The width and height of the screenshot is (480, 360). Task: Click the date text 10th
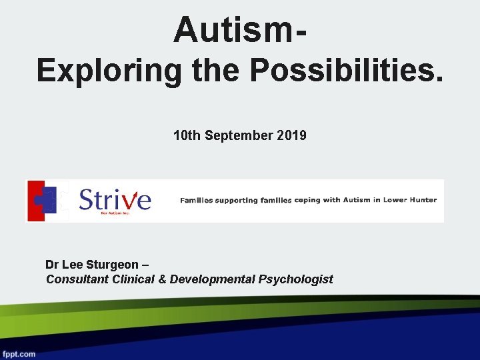(187, 136)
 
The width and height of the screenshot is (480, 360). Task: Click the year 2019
(293, 136)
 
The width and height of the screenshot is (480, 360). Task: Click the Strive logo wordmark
(115, 199)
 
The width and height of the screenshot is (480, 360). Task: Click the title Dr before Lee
(53, 264)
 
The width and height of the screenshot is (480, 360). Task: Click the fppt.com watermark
(19, 354)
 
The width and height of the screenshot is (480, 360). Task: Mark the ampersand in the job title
(162, 279)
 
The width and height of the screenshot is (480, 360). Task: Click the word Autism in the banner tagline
(357, 200)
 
